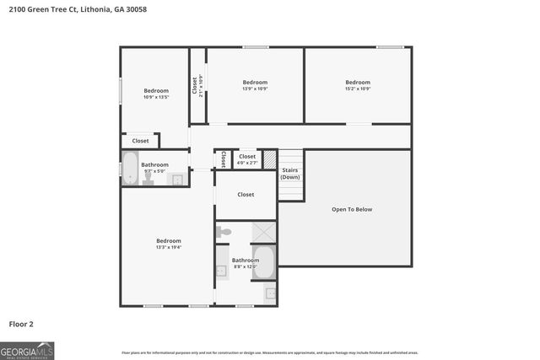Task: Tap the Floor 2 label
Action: (x=21, y=323)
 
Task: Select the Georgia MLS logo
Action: (x=27, y=350)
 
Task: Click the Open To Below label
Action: (x=351, y=209)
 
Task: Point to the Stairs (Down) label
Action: (x=290, y=173)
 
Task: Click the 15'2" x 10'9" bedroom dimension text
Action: (x=357, y=89)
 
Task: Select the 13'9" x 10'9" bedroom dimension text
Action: (x=254, y=89)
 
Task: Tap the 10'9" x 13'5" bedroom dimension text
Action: (x=155, y=97)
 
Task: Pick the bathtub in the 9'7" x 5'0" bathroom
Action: (x=130, y=168)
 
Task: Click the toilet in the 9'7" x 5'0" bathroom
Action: (x=148, y=179)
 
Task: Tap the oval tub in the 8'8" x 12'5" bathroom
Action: (x=264, y=262)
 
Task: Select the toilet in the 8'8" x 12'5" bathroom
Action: (x=223, y=231)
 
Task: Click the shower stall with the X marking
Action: (x=264, y=232)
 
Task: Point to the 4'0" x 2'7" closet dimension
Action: (x=247, y=163)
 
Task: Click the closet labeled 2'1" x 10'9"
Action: (x=197, y=85)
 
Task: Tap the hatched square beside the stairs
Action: (x=269, y=159)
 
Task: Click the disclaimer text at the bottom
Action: (x=269, y=352)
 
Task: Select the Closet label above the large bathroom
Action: (x=246, y=195)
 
